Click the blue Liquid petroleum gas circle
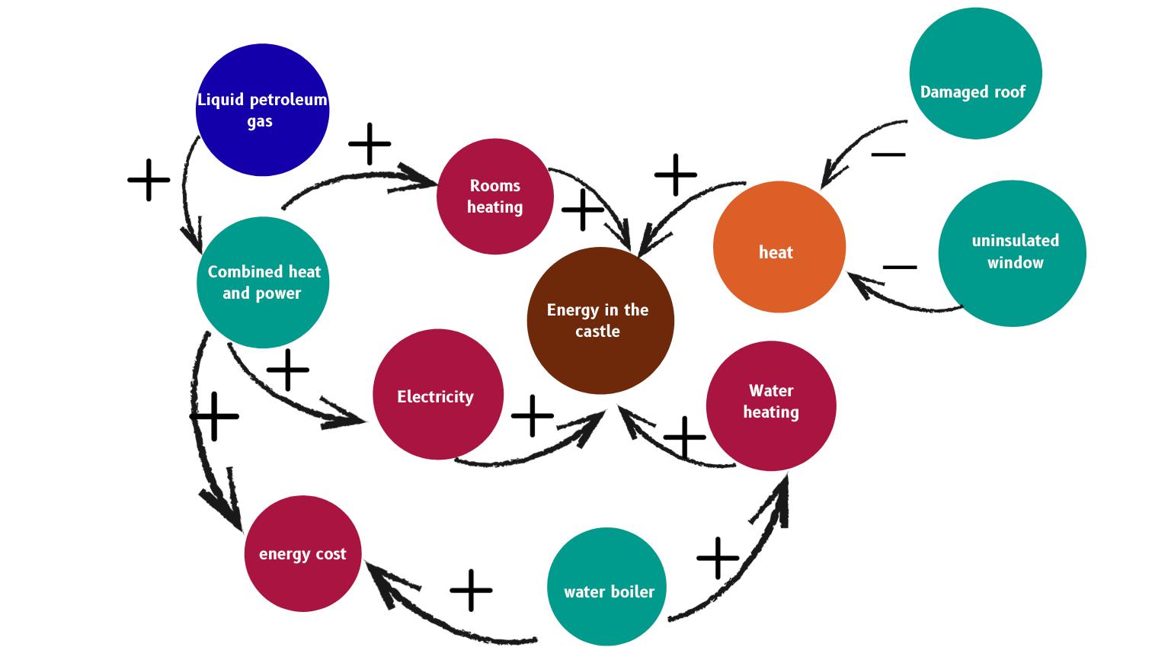pos(262,111)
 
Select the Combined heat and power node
pos(263,283)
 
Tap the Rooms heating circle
pos(495,197)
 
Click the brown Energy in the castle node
pos(600,321)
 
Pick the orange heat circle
pos(779,247)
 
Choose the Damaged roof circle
pos(975,74)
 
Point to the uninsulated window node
pos(1012,253)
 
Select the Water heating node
pos(771,405)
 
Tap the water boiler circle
pos(607,587)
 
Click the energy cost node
pos(302,554)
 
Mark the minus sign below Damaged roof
pos(888,155)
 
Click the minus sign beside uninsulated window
pos(900,268)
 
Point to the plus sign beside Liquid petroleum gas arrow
pos(149,181)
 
